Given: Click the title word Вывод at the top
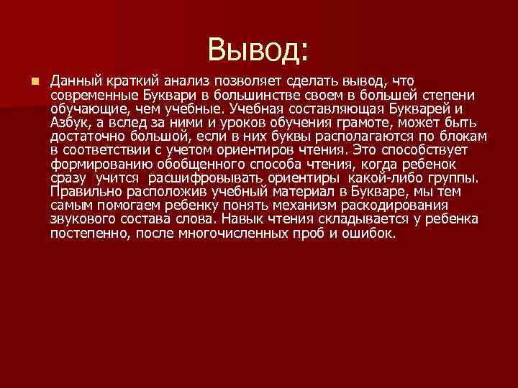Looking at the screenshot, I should click(x=258, y=50).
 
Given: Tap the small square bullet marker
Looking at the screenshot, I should click(x=35, y=81).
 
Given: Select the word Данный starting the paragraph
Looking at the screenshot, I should click(x=74, y=81).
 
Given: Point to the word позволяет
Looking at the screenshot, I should click(x=249, y=81).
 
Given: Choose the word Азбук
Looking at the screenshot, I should click(x=69, y=123).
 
